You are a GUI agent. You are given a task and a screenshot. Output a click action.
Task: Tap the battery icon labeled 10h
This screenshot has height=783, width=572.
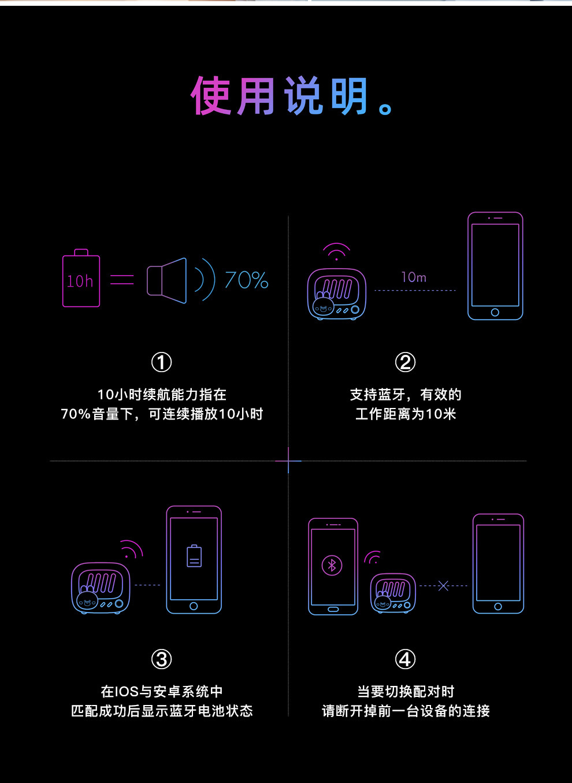81,280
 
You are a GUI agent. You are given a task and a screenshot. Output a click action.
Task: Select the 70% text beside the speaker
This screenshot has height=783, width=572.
247,281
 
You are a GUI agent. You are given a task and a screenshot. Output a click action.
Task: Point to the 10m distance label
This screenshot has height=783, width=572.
414,277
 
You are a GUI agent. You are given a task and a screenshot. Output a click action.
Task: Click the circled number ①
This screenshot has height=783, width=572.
162,362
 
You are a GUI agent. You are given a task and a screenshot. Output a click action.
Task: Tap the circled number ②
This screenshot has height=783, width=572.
405,362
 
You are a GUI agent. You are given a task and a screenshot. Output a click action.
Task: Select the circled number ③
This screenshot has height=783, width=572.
162,659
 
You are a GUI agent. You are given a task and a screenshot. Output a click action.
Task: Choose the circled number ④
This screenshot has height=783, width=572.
405,659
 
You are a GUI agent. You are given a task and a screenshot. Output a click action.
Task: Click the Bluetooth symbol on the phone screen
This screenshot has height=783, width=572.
332,565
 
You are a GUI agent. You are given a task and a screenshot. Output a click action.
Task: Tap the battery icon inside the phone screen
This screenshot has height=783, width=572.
194,556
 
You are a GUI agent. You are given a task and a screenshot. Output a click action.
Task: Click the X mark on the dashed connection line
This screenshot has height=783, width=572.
443,586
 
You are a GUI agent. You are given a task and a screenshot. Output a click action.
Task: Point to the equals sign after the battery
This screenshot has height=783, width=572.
122,280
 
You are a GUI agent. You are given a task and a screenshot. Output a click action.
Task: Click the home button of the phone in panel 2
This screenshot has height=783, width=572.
495,312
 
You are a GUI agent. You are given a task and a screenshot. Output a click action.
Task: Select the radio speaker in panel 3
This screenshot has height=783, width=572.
101,588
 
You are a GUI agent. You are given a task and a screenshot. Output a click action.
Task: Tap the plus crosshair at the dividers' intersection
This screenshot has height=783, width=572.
288,461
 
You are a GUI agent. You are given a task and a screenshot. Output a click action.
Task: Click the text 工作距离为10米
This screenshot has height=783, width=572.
406,414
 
